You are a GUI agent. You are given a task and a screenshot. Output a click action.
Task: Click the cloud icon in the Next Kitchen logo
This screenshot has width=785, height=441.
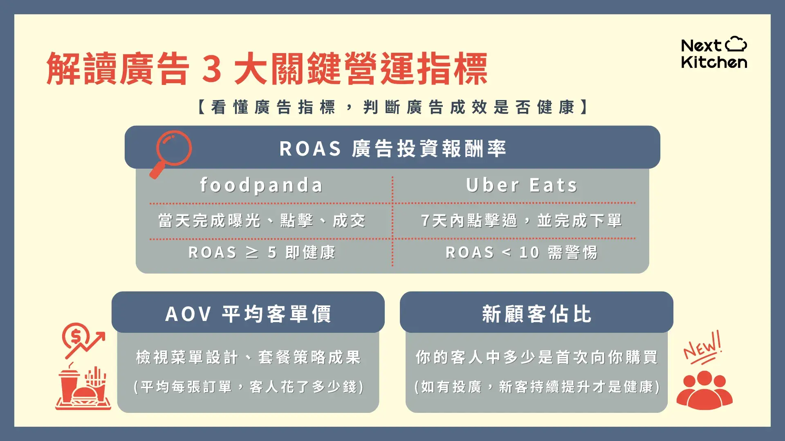pos(736,44)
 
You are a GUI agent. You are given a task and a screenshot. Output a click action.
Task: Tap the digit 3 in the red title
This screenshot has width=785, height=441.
pos(212,69)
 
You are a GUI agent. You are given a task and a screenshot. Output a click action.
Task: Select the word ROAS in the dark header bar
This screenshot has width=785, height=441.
pos(310,149)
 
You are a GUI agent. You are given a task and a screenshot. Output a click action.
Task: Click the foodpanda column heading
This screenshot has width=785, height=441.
pos(262,185)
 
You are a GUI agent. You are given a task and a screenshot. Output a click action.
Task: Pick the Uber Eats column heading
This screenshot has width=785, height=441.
pos(522,185)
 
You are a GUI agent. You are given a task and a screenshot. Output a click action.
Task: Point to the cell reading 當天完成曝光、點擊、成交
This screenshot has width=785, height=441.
pos(262,221)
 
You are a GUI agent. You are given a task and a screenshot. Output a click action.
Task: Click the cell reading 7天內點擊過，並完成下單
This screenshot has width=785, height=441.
pos(522,221)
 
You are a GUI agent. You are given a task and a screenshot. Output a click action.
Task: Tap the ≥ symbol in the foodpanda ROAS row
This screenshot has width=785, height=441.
pos(252,252)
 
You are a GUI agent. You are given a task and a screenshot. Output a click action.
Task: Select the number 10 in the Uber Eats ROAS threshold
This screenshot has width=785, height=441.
pos(529,253)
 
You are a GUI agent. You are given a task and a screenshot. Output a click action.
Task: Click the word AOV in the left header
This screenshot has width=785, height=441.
pos(188,314)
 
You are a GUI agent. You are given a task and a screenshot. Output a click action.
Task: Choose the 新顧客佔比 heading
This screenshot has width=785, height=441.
pos(536,314)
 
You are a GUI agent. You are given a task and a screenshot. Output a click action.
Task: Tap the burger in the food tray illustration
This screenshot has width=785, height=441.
pos(85,395)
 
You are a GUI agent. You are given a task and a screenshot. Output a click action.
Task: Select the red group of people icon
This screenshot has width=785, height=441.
pos(704,390)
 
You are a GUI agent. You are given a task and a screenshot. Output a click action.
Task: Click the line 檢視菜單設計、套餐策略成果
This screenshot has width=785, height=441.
pos(248,357)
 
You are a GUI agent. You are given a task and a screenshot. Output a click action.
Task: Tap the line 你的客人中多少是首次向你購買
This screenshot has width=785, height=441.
pos(536,357)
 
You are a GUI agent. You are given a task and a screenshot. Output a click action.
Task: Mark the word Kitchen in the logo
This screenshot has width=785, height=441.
pos(714,62)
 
